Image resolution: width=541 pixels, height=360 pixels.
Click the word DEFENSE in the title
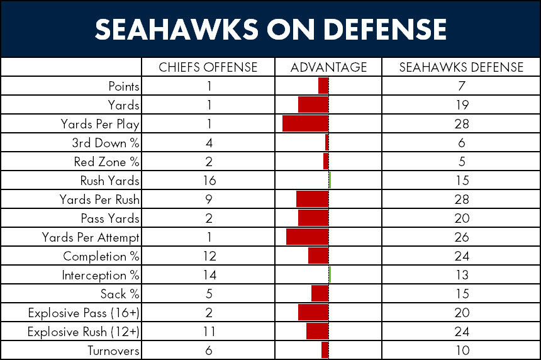(385, 29)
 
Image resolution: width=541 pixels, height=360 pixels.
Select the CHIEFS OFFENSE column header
(208, 67)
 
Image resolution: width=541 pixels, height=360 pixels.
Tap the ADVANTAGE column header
(328, 67)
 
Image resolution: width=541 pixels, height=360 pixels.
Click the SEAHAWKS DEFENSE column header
(461, 67)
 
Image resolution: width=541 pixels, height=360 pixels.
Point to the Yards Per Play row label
(100, 124)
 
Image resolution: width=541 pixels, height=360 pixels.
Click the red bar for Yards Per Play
(305, 123)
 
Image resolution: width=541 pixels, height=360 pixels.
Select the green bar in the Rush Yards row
(330, 180)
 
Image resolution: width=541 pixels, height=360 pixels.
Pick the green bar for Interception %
(330, 275)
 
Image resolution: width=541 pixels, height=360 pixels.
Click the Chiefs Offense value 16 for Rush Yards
(209, 181)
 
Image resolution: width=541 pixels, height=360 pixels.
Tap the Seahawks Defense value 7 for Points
(462, 86)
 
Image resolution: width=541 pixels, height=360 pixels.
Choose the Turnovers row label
(113, 351)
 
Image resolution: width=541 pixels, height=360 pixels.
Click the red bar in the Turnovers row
(325, 350)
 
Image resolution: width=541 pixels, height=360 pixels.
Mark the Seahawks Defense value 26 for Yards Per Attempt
(462, 237)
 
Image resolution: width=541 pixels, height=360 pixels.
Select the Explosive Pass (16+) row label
(84, 313)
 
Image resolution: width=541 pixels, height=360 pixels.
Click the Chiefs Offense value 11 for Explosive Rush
(209, 332)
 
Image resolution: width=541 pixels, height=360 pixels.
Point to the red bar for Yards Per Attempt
(307, 237)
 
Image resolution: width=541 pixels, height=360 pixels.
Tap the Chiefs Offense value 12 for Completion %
(209, 256)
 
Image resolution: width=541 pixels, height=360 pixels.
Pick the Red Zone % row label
(106, 162)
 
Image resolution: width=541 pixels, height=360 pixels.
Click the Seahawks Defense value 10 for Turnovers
(462, 351)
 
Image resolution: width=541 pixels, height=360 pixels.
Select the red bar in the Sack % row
(320, 293)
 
